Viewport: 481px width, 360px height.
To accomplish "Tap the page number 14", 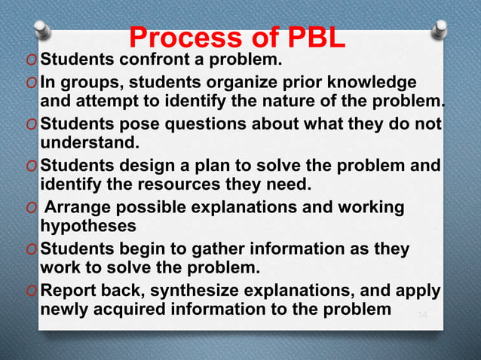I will pyautogui.click(x=422, y=313).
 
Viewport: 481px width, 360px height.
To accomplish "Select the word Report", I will pyautogui.click(x=67, y=290).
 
